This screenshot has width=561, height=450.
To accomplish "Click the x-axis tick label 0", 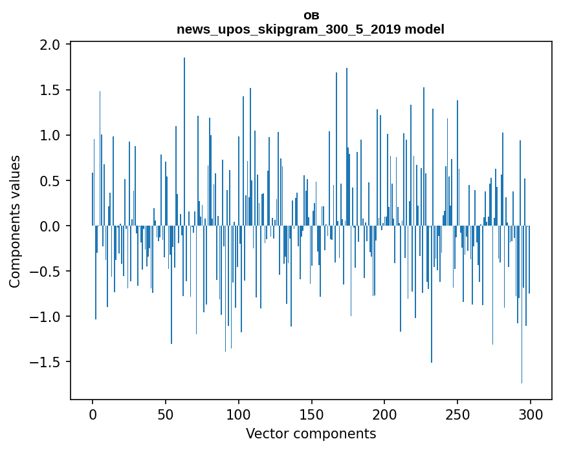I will [x=93, y=414].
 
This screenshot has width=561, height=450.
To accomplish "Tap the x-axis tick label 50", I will [x=166, y=414].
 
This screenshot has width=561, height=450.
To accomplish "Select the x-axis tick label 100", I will [x=239, y=414].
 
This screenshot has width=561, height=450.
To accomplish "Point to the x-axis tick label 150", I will [x=311, y=414].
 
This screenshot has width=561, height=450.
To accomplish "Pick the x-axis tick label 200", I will [x=384, y=414].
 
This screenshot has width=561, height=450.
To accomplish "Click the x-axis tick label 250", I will [x=457, y=414].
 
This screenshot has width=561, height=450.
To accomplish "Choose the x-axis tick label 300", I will [x=531, y=414].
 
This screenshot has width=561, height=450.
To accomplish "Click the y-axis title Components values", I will [x=15, y=221].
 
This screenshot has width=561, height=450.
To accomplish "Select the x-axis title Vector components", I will [x=311, y=433].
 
